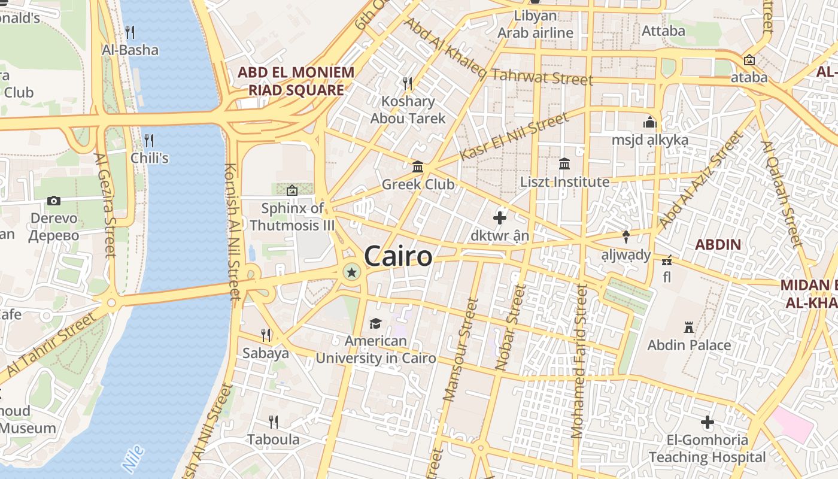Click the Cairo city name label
click(x=398, y=256)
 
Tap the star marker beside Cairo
click(x=351, y=273)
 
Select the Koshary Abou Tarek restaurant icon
click(x=408, y=83)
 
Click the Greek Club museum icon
click(x=418, y=166)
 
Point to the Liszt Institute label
click(x=564, y=181)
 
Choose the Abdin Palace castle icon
click(x=689, y=328)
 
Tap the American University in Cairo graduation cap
click(x=375, y=323)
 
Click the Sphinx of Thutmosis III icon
click(x=292, y=190)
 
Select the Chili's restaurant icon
click(x=149, y=141)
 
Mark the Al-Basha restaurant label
click(x=130, y=50)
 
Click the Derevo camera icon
click(x=54, y=201)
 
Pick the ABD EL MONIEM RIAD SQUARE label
click(x=296, y=81)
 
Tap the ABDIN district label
click(x=718, y=244)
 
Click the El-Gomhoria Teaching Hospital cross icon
click(x=708, y=422)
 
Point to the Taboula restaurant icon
click(x=274, y=422)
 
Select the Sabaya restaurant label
click(x=266, y=353)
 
